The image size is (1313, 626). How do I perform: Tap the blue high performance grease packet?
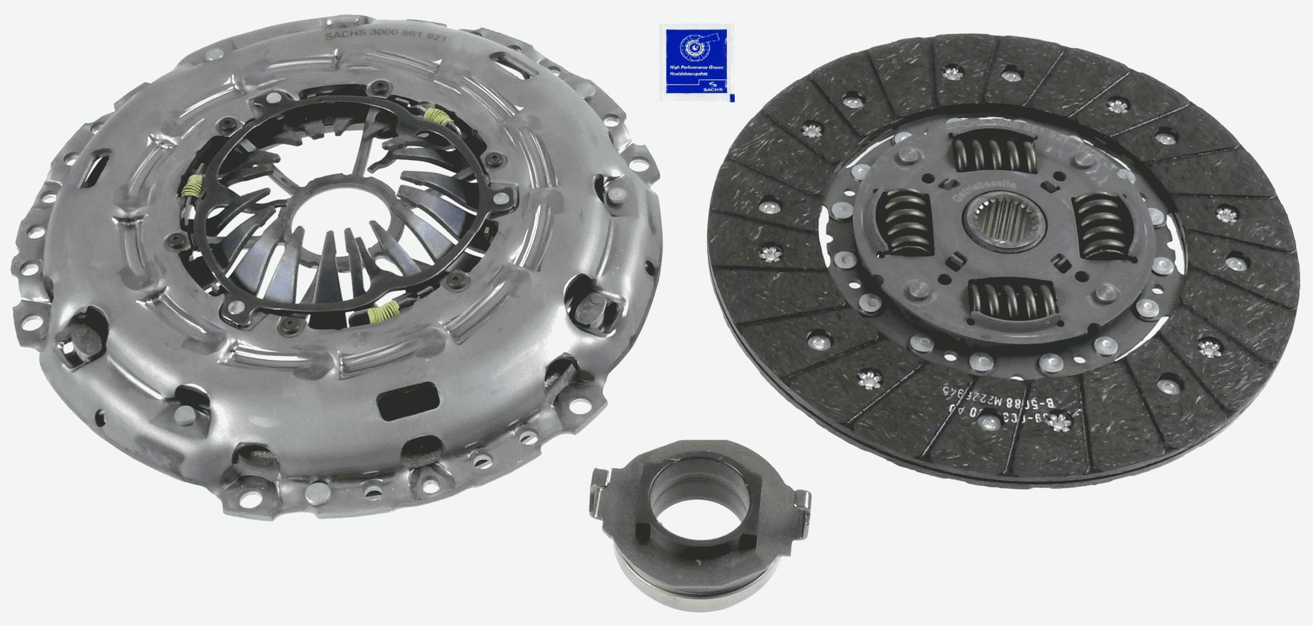click(696, 62)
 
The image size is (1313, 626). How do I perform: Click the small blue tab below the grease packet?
click(733, 98)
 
